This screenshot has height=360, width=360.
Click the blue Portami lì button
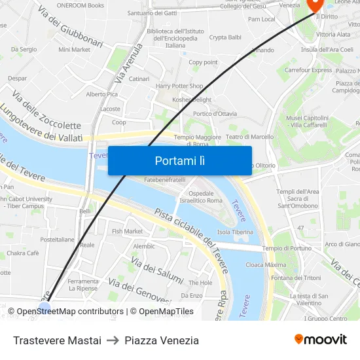[179, 160]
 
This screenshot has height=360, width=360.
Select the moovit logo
[320, 339]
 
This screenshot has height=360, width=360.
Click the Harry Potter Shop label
[179, 86]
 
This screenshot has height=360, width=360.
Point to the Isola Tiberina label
[235, 232]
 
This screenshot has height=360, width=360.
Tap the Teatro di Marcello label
[249, 137]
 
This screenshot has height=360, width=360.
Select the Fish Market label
[127, 231]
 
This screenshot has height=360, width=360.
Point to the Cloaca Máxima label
[266, 265]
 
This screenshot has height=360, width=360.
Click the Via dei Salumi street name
[156, 270]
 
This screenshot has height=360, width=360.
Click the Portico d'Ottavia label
[215, 113]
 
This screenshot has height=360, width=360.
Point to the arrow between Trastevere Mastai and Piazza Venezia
[113, 340]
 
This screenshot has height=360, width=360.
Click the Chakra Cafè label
[24, 253]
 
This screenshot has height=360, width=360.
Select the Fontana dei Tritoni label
[297, 278]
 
